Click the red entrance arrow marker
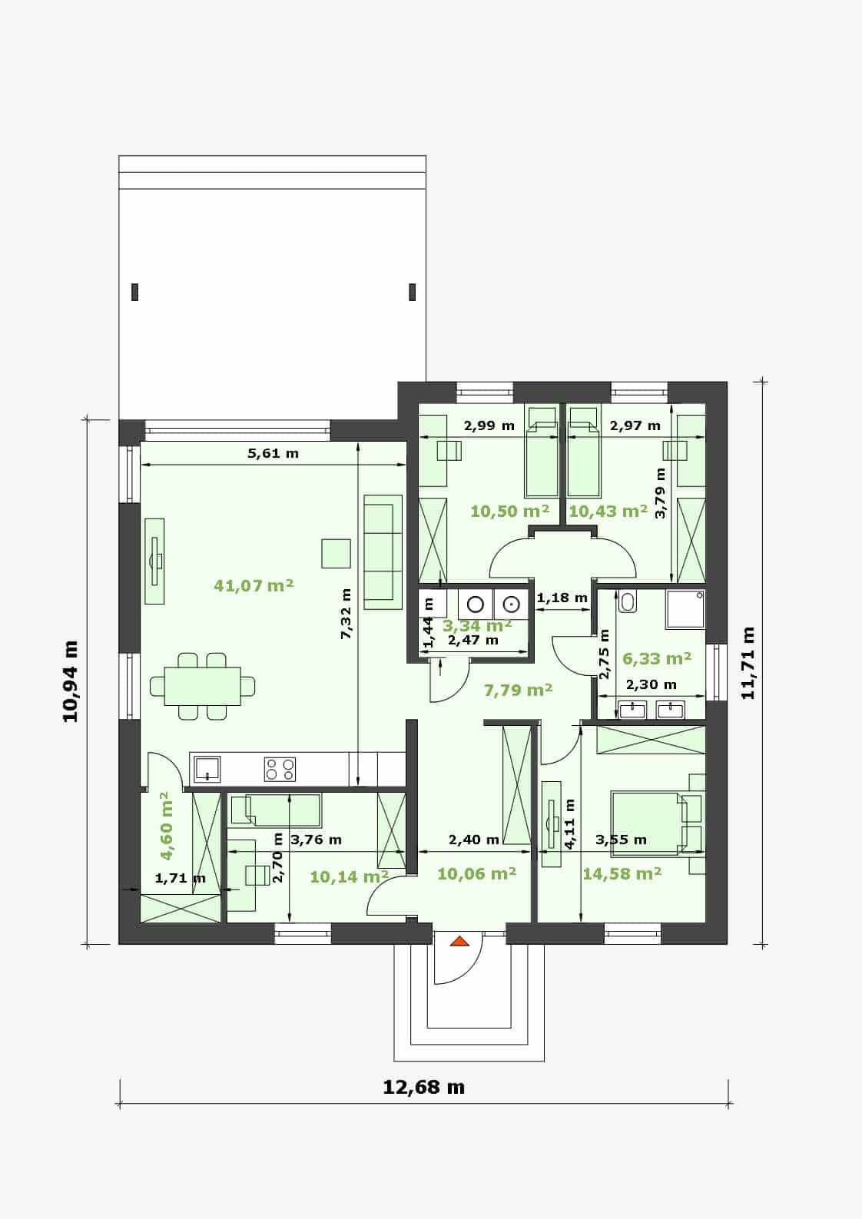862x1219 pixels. (460, 941)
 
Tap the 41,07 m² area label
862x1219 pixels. (254, 585)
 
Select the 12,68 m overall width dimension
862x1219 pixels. (424, 1088)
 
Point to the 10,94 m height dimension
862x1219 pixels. (71, 681)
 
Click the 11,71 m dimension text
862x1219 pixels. (748, 663)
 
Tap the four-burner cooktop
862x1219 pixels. (280, 770)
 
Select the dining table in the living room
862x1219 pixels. (203, 686)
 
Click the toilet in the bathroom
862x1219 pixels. (628, 601)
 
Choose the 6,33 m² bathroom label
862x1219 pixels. (657, 658)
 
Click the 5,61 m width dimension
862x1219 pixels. (274, 453)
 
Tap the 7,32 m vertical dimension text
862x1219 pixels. (346, 613)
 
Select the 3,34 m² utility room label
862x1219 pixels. (476, 625)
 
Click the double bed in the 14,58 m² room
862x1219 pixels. (648, 823)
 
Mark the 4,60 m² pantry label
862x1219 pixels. (166, 826)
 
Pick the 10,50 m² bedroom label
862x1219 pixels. (510, 511)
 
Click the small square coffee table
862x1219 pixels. (336, 553)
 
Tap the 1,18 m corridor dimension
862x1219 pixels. (562, 598)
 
